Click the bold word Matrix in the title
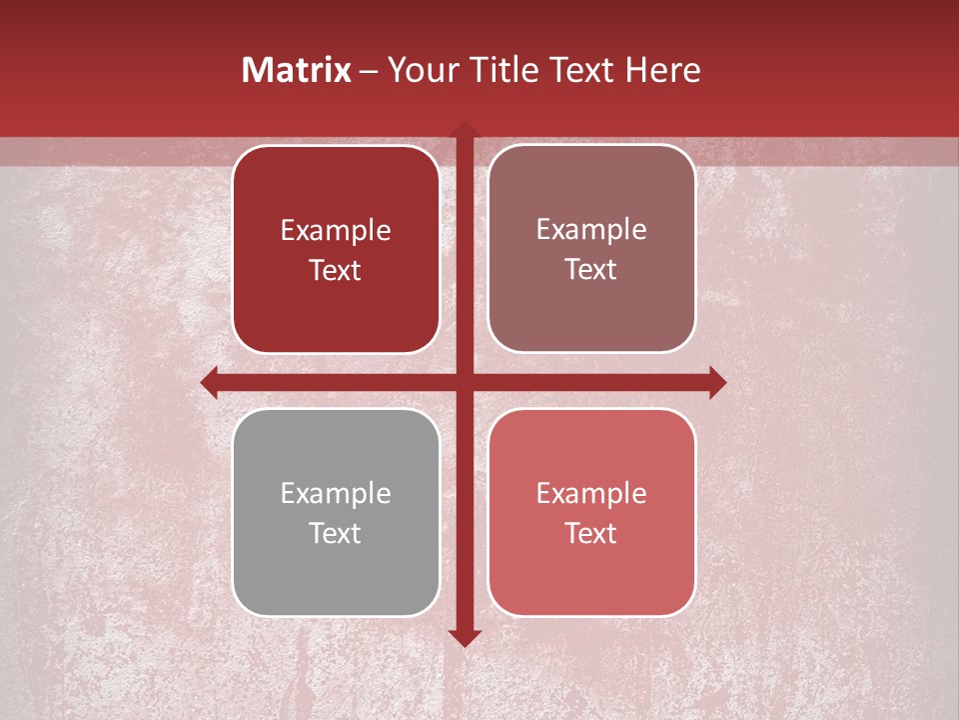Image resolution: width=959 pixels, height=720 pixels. click(x=297, y=70)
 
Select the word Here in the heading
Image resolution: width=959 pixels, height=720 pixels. click(x=662, y=70)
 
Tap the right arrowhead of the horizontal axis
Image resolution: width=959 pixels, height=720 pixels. click(x=716, y=382)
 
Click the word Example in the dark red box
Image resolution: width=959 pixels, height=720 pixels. click(x=335, y=231)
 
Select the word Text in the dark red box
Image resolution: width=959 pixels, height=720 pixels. click(x=335, y=270)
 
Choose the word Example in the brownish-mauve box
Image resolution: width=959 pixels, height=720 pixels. click(x=591, y=230)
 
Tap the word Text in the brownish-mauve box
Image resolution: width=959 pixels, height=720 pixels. click(x=591, y=269)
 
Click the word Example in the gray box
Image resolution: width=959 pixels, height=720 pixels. click(x=335, y=494)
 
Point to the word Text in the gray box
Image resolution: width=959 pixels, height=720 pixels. click(x=335, y=533)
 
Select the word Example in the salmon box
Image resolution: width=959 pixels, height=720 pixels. click(x=591, y=494)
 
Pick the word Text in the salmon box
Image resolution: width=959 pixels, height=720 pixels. click(x=591, y=533)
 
